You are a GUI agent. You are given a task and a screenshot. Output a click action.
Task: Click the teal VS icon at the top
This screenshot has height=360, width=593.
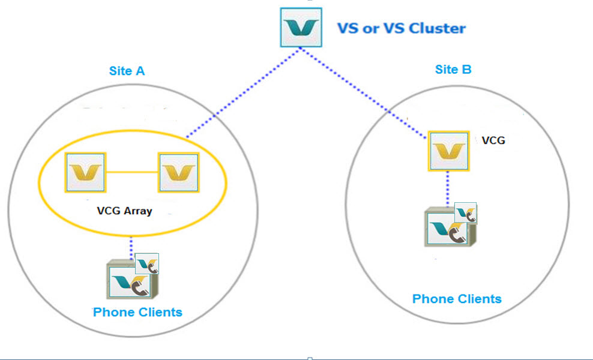tap(301, 27)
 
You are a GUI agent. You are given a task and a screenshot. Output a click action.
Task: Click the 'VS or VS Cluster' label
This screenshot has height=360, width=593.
tap(401, 28)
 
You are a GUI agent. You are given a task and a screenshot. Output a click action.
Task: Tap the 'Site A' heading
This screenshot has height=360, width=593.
tap(127, 71)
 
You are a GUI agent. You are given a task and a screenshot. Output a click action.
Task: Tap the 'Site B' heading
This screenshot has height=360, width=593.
tap(453, 70)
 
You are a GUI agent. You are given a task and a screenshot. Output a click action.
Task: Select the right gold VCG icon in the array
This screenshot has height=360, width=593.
tap(178, 173)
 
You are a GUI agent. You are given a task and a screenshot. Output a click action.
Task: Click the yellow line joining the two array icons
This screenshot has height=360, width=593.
tap(132, 173)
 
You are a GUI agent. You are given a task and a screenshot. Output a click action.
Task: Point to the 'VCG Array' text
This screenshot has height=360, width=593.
tap(124, 211)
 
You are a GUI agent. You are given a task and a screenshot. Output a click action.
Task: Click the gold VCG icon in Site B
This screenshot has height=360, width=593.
tap(448, 151)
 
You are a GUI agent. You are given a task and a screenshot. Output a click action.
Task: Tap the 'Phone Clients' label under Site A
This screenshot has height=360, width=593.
tap(137, 312)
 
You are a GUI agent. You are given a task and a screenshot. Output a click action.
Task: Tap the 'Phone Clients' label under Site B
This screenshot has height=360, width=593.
tap(457, 299)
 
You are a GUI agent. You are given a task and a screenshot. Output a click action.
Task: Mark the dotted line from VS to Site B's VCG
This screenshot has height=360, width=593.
tap(366, 92)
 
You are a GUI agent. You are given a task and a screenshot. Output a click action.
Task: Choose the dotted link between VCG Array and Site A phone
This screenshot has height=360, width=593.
tap(131, 245)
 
